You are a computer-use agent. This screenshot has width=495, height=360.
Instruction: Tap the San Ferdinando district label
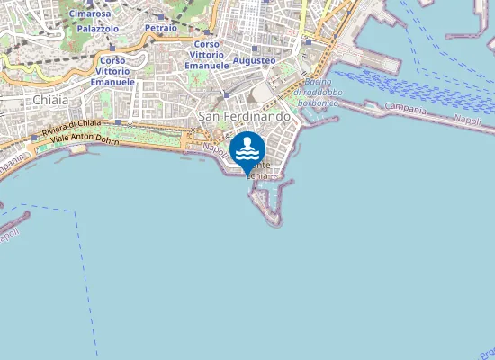pos(244,117)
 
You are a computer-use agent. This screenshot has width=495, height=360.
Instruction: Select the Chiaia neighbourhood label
pos(49,100)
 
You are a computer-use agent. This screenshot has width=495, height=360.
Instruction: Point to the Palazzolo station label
pos(98,29)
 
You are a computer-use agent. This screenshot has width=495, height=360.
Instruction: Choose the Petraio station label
pos(160,29)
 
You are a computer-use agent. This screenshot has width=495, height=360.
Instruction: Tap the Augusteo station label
pos(255,60)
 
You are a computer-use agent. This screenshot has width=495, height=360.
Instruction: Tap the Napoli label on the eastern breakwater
pos(467,120)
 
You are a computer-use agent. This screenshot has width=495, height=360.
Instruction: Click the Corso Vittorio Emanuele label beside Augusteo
pos(207,55)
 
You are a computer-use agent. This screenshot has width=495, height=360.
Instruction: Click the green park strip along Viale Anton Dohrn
pos(135,140)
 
